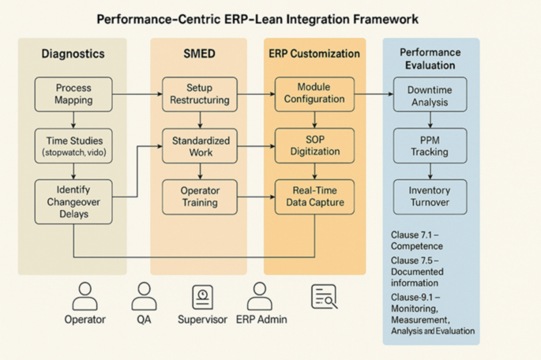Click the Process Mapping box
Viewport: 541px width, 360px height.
[73, 94]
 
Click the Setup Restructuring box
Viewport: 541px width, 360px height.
[199, 94]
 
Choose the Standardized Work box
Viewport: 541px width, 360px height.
[199, 147]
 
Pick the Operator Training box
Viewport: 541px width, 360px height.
[199, 197]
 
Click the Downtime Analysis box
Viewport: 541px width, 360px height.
[430, 96]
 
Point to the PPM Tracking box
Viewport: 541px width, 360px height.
[430, 145]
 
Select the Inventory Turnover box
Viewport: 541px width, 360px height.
[430, 197]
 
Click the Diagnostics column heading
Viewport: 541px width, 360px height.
[73, 54]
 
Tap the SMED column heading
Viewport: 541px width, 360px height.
[199, 54]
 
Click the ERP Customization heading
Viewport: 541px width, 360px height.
[314, 54]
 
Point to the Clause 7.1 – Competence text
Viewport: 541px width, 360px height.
[417, 241]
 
